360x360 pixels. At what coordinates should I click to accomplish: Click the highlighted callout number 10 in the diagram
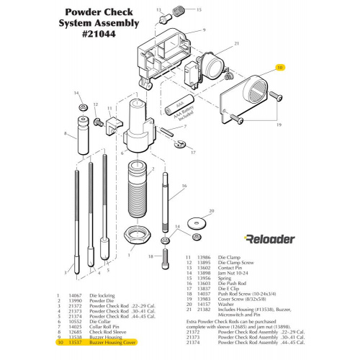pos(280,68)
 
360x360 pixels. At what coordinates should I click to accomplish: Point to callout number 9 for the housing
pos(205,31)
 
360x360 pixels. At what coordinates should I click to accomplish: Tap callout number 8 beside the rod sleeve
pos(66,134)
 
